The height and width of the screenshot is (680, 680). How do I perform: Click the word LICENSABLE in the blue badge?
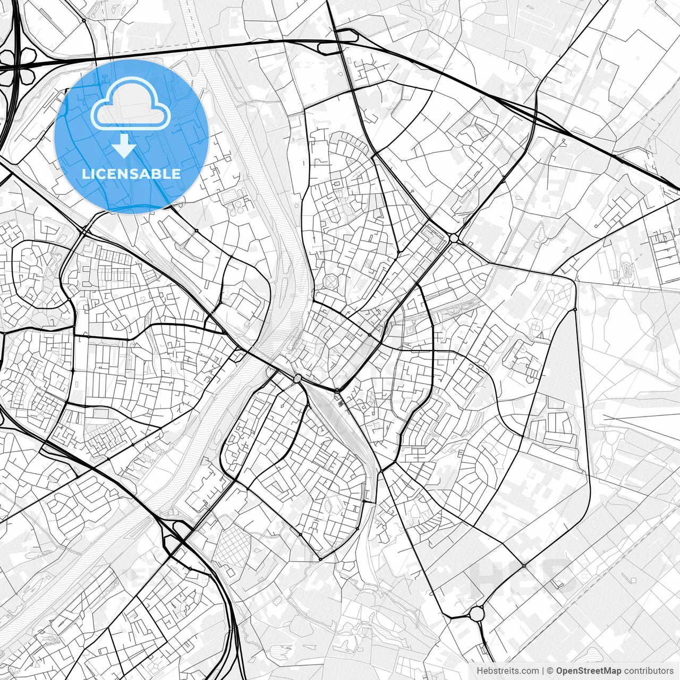click(x=131, y=174)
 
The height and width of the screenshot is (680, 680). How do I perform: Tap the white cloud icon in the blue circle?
click(x=131, y=104)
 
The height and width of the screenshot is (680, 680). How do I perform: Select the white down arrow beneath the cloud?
click(x=124, y=146)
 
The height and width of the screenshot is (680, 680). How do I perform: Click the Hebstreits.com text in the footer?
click(x=507, y=671)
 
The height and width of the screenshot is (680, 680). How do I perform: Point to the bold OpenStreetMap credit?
click(x=589, y=671)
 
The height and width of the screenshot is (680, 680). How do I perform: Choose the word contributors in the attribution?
click(x=649, y=671)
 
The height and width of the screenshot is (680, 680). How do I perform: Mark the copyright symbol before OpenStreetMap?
click(x=550, y=671)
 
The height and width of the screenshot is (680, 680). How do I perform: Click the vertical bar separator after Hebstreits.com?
click(x=542, y=671)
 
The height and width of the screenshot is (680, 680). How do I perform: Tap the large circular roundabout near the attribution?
click(x=477, y=614)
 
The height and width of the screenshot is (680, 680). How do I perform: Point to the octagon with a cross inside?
click(x=331, y=281)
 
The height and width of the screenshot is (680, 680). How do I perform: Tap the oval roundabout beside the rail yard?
click(x=297, y=378)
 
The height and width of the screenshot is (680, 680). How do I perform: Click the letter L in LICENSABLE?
click(x=86, y=174)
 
